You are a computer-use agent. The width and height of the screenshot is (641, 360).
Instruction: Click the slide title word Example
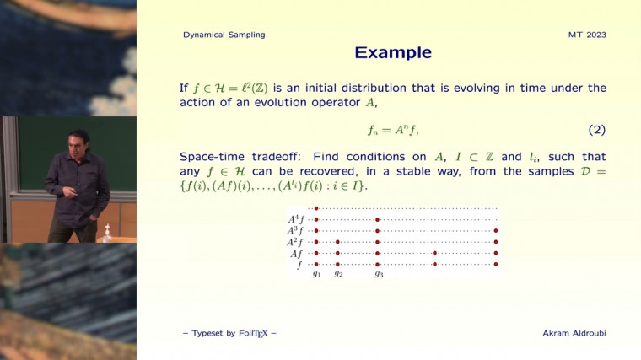[x=393, y=53]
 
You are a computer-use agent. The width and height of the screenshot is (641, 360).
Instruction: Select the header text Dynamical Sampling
[x=224, y=35]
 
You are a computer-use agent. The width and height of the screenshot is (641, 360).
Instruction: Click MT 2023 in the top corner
[x=587, y=35]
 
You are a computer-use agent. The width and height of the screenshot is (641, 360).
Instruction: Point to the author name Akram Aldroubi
[x=574, y=334]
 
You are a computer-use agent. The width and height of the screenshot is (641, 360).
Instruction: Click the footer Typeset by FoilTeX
[x=229, y=334]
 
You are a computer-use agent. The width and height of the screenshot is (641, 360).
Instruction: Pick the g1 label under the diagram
[x=316, y=274]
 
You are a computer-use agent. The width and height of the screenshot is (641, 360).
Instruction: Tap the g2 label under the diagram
[x=337, y=274]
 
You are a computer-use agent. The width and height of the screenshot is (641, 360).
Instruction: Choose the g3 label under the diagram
[x=379, y=274]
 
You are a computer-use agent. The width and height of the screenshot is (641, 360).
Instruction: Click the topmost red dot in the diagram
[x=316, y=208]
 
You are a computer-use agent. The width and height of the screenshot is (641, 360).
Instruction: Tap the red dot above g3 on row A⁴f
[x=378, y=219]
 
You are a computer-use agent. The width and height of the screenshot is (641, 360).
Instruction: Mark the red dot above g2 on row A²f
[x=337, y=241]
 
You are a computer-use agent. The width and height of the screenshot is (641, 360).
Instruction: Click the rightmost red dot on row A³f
[x=496, y=230]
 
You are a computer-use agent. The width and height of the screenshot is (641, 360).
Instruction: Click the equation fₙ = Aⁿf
[x=393, y=131]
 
